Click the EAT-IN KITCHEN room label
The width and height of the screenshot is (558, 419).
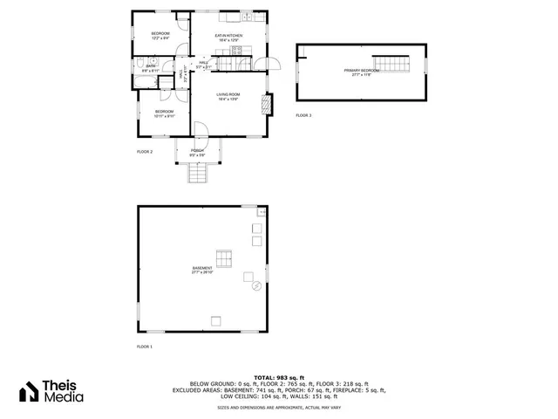[x=228, y=37]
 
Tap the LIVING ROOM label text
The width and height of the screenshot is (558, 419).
[x=228, y=95]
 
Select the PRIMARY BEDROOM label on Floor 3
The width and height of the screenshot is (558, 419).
[x=361, y=72]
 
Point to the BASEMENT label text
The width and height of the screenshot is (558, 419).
[x=202, y=270]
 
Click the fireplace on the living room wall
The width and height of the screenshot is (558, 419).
[x=267, y=104]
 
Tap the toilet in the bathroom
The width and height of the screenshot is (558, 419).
[x=141, y=63]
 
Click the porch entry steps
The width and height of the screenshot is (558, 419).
[x=200, y=175]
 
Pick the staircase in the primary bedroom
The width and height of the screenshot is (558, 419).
[x=398, y=65]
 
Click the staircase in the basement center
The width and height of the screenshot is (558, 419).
[x=225, y=258]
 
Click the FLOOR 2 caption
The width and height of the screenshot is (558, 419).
[x=145, y=152]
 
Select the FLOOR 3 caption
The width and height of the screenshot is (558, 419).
[x=303, y=115]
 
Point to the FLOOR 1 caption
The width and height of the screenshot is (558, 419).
[x=145, y=347]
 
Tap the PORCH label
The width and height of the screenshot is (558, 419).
[x=198, y=152]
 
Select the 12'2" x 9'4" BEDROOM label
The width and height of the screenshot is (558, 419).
[x=160, y=36]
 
